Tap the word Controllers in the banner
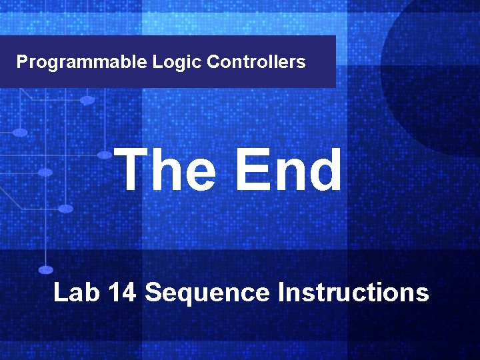click(256, 62)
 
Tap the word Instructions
click(353, 293)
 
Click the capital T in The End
click(132, 170)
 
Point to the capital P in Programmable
click(22, 62)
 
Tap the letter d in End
click(324, 170)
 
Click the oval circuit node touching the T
click(105, 155)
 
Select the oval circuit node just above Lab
click(46, 270)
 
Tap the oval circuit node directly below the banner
click(87, 100)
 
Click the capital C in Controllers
click(213, 62)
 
